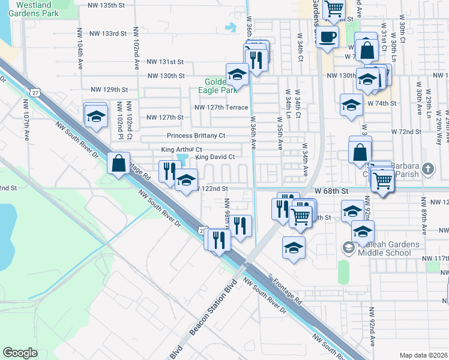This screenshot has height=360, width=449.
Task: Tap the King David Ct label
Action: (x=214, y=157)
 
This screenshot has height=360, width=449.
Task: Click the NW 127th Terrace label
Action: (x=221, y=107)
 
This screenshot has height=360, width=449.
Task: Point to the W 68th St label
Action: (x=331, y=191)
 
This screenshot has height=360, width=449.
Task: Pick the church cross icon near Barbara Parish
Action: (x=427, y=169)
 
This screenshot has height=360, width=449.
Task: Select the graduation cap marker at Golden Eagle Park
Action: (x=237, y=74)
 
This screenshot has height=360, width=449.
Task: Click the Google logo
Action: (x=20, y=353)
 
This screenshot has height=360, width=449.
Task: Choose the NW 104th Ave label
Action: (x=79, y=45)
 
